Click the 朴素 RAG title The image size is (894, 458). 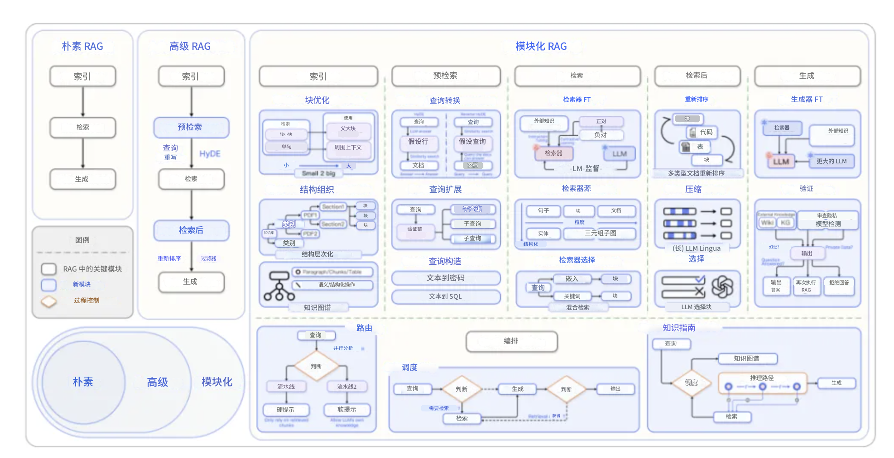(82, 46)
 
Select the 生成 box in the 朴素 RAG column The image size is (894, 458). (82, 179)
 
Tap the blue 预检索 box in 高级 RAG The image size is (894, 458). (191, 127)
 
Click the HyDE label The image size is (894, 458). (210, 154)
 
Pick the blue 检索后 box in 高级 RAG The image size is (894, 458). (191, 230)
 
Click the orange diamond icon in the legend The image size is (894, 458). (49, 301)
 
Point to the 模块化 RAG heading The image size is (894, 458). (541, 46)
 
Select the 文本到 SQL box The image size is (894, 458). (446, 296)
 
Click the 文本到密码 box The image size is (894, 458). (446, 278)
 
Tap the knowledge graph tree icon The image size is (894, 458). (279, 286)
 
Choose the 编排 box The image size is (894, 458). (511, 341)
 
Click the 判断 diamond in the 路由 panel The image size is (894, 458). (316, 366)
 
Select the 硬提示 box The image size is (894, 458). (286, 410)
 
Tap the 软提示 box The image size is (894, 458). (347, 410)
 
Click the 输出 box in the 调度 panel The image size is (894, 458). (615, 389)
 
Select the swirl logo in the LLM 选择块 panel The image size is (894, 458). (722, 286)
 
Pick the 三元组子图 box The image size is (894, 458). (600, 233)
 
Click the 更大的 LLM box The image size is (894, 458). (831, 161)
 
